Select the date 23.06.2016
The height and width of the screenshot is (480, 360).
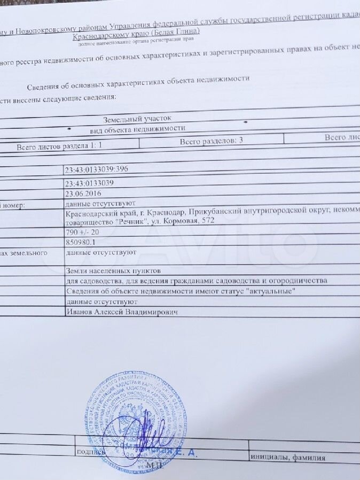point(82,193)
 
